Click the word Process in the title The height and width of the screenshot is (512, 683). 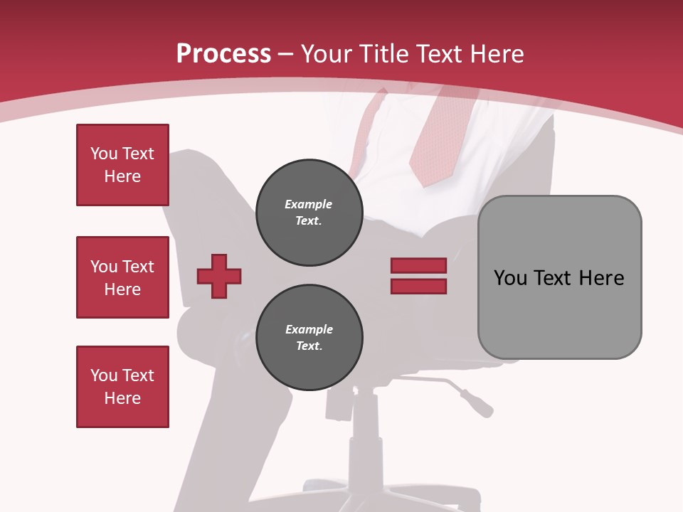(x=223, y=54)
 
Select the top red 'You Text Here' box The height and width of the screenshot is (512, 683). (x=122, y=165)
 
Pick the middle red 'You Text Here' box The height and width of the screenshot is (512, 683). (x=122, y=277)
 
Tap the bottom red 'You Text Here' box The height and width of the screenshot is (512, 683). (x=122, y=387)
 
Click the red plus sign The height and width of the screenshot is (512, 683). (x=219, y=276)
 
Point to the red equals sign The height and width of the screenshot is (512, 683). (x=418, y=276)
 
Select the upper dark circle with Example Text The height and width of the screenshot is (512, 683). (x=309, y=213)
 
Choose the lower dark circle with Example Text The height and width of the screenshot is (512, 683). (x=309, y=338)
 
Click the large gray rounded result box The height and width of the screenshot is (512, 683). (x=559, y=277)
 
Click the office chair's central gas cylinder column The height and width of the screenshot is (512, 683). (x=365, y=427)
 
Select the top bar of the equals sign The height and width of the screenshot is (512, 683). (x=418, y=266)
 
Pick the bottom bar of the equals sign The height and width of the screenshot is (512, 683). (x=418, y=287)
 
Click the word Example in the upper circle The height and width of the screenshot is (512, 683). (x=309, y=204)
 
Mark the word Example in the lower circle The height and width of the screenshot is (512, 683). (x=309, y=329)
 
